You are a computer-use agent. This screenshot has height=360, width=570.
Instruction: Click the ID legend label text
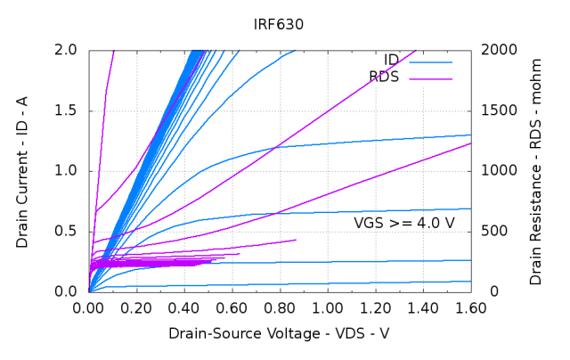[x=391, y=61]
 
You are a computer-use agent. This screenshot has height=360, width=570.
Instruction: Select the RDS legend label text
[x=384, y=78]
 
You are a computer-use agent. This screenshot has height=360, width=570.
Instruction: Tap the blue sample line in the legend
[x=430, y=61]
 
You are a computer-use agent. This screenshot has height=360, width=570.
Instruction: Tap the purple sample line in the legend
[x=430, y=78]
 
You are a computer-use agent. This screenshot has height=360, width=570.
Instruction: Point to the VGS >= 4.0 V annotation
[x=403, y=222]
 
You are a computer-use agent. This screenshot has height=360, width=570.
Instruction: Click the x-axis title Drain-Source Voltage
[x=279, y=332]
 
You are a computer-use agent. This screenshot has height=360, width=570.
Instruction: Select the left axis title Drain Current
[x=21, y=170]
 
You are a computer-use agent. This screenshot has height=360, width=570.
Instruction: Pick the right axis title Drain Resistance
[x=535, y=170]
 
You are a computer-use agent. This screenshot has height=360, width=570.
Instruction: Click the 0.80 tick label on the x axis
[x=279, y=308]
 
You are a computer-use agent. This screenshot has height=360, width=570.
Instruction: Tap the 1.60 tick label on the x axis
[x=469, y=308]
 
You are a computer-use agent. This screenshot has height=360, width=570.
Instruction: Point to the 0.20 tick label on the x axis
[x=136, y=308]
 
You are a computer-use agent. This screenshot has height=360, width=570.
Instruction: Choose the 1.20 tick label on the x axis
[x=374, y=308]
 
